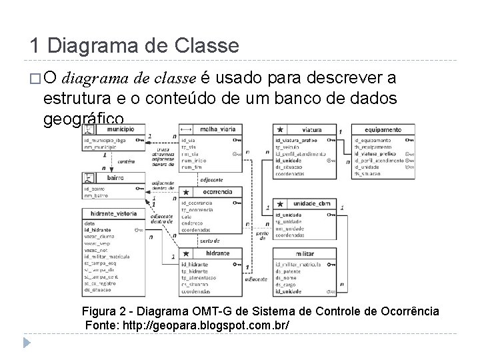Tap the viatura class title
pos(311,129)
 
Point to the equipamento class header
pos(383,129)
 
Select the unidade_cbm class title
pos(311,203)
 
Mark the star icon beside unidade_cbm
pos(281,203)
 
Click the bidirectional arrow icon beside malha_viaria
pos(186,129)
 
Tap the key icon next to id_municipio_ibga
pos(139,141)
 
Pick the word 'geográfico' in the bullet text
pos(83,119)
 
